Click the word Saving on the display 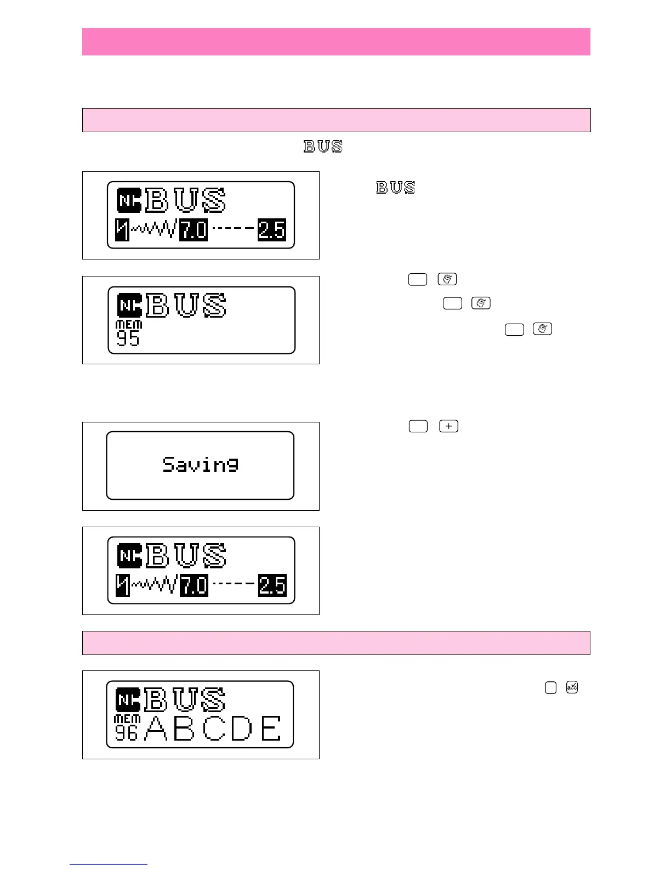point(200,465)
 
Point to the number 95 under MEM point(128,338)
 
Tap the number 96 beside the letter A point(126,732)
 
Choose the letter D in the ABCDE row point(242,729)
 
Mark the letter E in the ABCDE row point(271,729)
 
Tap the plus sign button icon point(448,426)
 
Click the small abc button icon point(572,687)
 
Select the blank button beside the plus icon point(418,426)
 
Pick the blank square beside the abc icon point(550,687)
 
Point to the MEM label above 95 point(129,325)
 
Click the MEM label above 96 point(127,719)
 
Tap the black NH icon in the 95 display point(129,306)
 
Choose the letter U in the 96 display point(185,699)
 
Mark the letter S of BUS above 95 point(214,306)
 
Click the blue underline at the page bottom point(108,865)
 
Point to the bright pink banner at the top point(336,42)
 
